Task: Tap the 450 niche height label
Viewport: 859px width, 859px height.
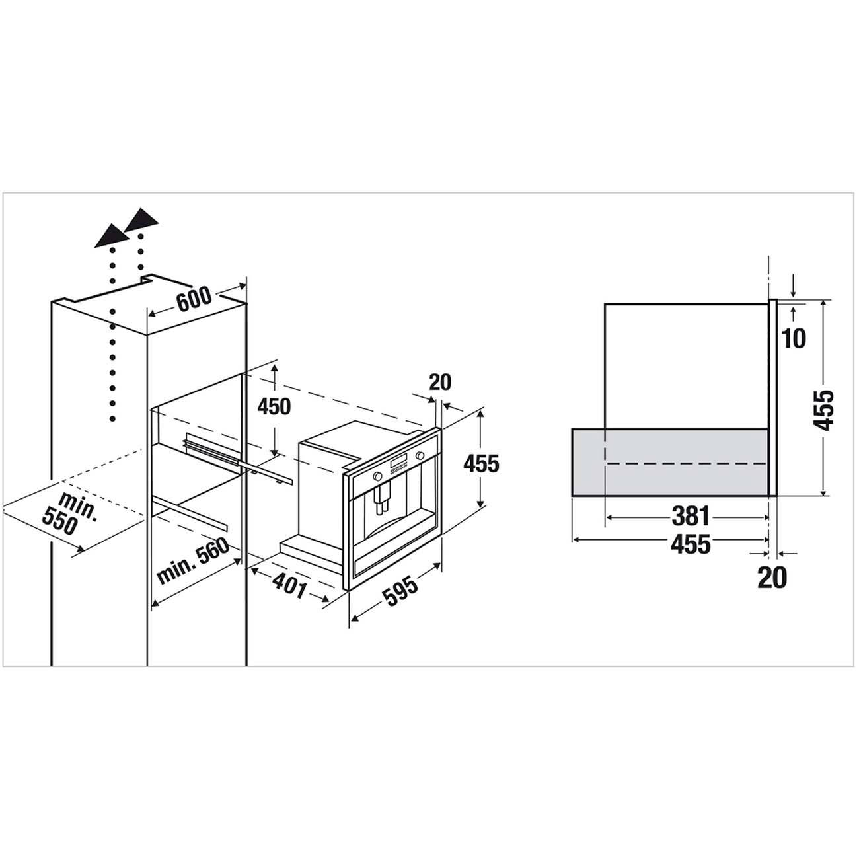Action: point(274,406)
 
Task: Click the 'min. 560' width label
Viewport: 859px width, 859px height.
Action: point(193,561)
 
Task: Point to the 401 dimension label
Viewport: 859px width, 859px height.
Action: point(289,585)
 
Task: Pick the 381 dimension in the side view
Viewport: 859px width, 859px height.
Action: point(690,516)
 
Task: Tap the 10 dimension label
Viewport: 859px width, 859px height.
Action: point(794,339)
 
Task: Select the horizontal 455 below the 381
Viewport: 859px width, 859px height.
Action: point(691,544)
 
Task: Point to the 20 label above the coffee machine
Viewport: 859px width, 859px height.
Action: point(439,382)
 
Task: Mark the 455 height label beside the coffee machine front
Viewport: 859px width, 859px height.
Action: point(481,464)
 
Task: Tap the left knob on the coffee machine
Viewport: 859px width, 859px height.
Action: point(377,476)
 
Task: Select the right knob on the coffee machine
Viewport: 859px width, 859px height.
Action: point(420,455)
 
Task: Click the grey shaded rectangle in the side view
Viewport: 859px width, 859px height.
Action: point(669,462)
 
